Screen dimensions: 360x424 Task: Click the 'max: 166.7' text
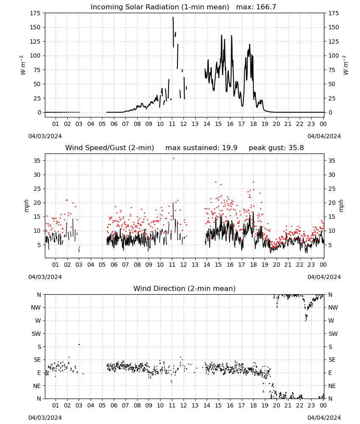pyautogui.click(x=256, y=7)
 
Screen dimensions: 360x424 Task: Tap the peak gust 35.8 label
pyautogui.click(x=276, y=148)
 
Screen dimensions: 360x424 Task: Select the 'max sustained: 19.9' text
pyautogui.click(x=201, y=148)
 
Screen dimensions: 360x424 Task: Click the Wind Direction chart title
pyautogui.click(x=185, y=288)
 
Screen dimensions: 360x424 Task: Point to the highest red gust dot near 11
pyautogui.click(x=173, y=159)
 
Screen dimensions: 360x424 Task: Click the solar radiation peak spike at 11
pyautogui.click(x=173, y=18)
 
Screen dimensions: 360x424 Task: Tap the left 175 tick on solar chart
pyautogui.click(x=36, y=13)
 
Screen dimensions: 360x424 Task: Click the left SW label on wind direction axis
pyautogui.click(x=36, y=334)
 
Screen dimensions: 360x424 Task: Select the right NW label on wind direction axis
pyautogui.click(x=333, y=307)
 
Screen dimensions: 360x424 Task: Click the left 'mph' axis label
pyautogui.click(x=26, y=206)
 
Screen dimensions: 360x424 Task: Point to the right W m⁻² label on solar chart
pyautogui.click(x=346, y=65)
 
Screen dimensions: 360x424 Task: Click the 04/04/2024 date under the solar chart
pyautogui.click(x=324, y=136)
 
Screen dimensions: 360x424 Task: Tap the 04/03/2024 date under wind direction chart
pyautogui.click(x=45, y=418)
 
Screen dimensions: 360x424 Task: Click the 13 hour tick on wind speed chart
pyautogui.click(x=195, y=265)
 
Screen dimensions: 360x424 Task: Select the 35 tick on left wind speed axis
pyautogui.click(x=37, y=161)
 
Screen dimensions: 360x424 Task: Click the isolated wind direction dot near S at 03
pyautogui.click(x=79, y=344)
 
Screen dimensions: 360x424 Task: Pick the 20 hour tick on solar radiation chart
pyautogui.click(x=276, y=124)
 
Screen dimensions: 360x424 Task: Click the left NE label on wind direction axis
pyautogui.click(x=37, y=386)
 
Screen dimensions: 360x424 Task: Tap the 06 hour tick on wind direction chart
pyautogui.click(x=114, y=405)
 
